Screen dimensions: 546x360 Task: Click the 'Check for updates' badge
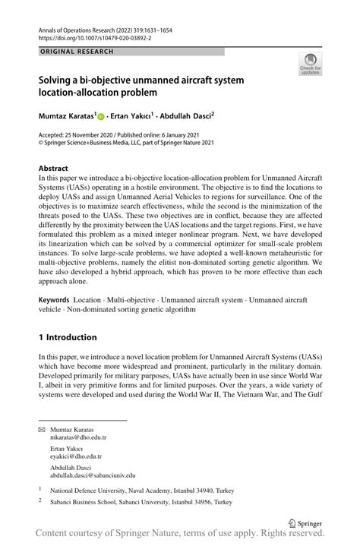(x=310, y=64)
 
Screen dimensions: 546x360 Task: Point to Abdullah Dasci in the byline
(x=185, y=117)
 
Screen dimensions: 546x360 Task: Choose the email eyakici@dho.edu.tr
(x=75, y=456)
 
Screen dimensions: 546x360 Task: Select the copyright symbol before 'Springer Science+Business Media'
(x=41, y=141)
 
